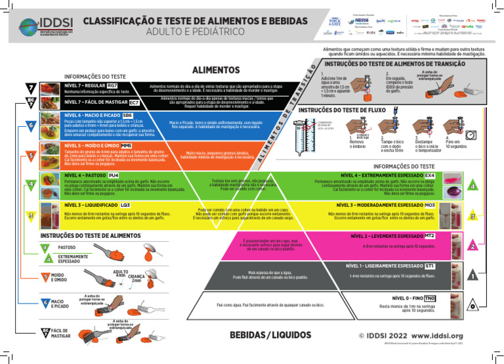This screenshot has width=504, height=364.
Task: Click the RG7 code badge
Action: coord(112,86)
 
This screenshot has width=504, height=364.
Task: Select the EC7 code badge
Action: coord(133,103)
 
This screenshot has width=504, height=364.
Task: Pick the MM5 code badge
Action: coord(127,145)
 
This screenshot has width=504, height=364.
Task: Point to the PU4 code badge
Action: coord(114,175)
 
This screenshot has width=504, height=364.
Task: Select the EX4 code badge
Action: coord(429,175)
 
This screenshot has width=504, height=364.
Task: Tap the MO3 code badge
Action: coord(430,206)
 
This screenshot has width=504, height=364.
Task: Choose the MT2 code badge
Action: coord(429,236)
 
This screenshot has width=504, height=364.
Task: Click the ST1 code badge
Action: coord(429,266)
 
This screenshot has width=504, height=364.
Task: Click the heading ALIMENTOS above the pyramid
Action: coord(212,70)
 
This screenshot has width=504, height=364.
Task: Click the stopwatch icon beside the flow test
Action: coord(472,134)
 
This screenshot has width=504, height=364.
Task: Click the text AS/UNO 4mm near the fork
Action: coord(120,273)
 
